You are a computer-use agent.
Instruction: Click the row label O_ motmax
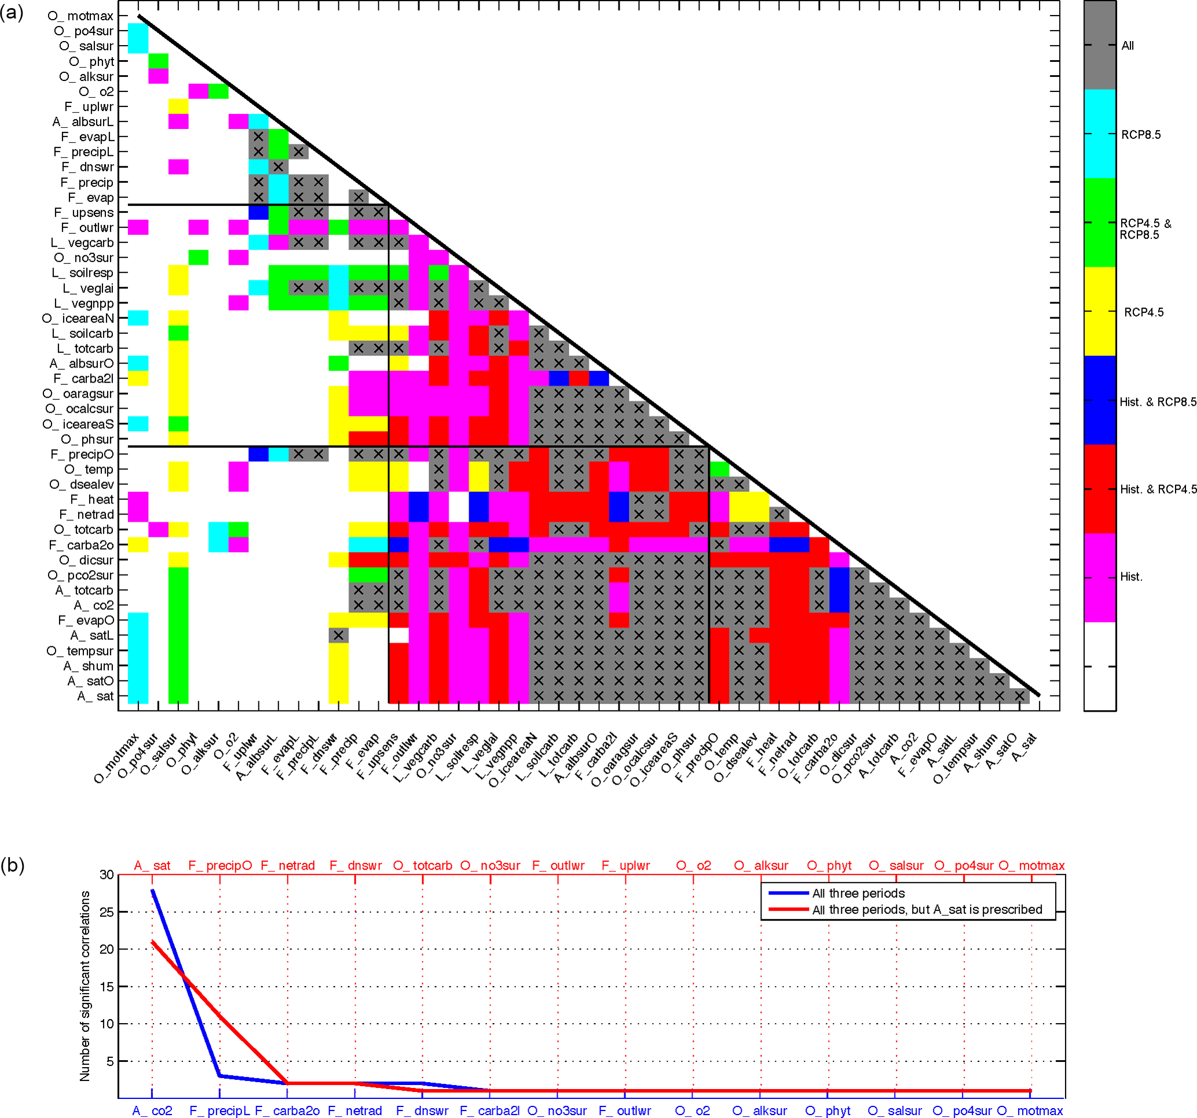pyautogui.click(x=80, y=16)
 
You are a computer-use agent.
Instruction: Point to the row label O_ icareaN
pyautogui.click(x=78, y=319)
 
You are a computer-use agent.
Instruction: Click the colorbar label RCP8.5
pyautogui.click(x=1140, y=135)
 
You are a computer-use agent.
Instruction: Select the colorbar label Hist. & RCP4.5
pyautogui.click(x=1157, y=490)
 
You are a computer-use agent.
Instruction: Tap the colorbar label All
pyautogui.click(x=1127, y=46)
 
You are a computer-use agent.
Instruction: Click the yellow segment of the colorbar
pyautogui.click(x=1100, y=311)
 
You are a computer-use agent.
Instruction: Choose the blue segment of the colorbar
pyautogui.click(x=1100, y=400)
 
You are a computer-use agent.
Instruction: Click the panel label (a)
pyautogui.click(x=12, y=12)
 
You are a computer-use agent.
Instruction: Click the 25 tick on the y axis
pyautogui.click(x=107, y=912)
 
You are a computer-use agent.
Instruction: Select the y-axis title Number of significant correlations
pyautogui.click(x=85, y=986)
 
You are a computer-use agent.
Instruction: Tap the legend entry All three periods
pyautogui.click(x=858, y=893)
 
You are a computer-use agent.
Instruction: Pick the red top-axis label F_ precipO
pyautogui.click(x=220, y=866)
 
